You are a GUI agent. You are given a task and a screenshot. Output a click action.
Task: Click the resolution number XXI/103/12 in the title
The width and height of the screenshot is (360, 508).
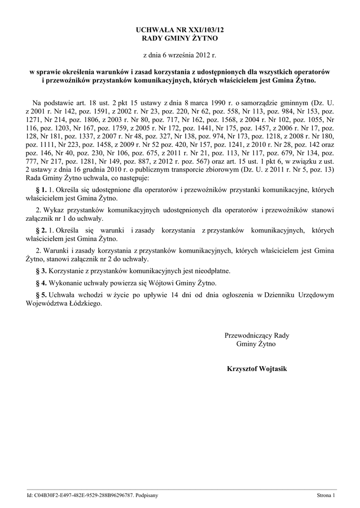[200, 30]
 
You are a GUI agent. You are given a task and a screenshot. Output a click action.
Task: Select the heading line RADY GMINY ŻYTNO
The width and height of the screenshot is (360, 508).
[180, 38]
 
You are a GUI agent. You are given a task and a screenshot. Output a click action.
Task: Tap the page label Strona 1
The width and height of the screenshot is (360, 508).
[326, 496]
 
